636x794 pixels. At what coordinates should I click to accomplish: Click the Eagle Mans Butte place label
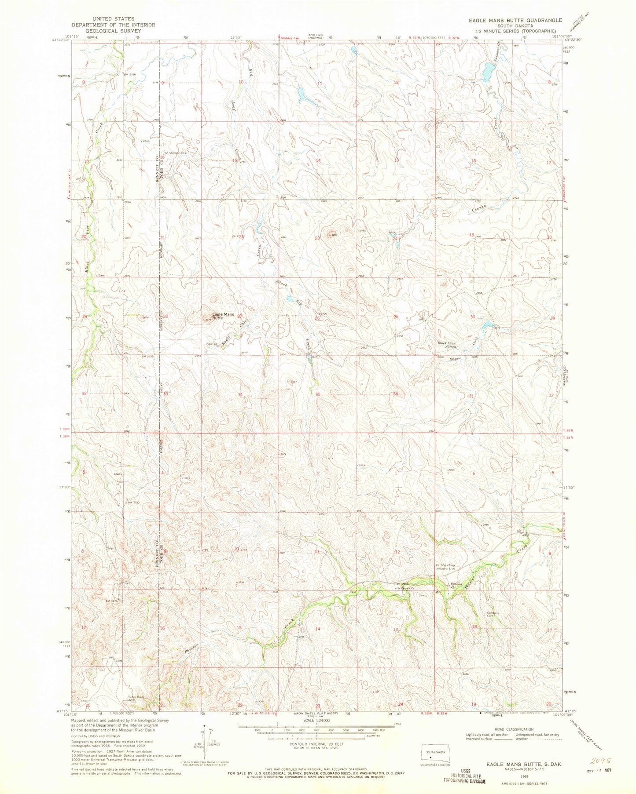(223, 316)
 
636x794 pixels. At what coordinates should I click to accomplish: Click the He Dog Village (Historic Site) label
(447, 566)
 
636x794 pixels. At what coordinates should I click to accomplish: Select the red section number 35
(317, 395)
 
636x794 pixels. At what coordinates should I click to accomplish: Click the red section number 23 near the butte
(318, 238)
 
